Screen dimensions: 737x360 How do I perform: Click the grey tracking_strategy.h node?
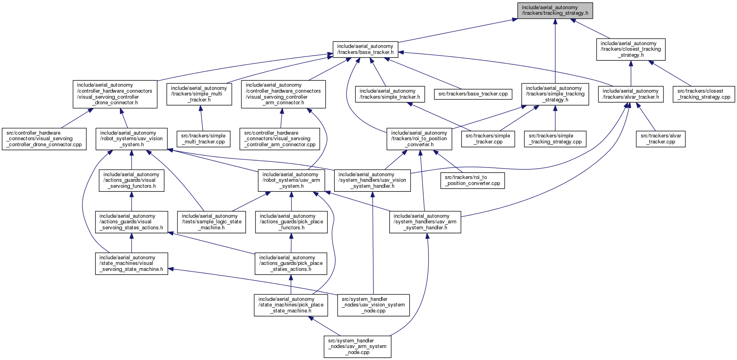(555, 10)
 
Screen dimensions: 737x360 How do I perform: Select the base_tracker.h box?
(365, 49)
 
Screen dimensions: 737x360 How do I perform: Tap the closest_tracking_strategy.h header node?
(631, 49)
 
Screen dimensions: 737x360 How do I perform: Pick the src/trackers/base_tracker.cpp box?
(473, 94)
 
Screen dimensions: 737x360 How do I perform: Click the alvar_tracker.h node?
(631, 94)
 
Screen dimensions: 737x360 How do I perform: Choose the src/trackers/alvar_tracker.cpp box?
(661, 139)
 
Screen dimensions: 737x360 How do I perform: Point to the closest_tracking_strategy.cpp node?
(704, 94)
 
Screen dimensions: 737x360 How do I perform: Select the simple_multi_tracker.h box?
(199, 94)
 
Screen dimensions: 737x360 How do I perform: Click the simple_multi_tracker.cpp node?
(203, 139)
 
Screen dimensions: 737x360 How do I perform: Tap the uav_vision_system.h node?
(131, 139)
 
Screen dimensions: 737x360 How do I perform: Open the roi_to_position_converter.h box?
(419, 139)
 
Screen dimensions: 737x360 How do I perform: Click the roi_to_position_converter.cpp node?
(472, 180)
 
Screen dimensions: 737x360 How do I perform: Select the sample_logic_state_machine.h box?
(211, 222)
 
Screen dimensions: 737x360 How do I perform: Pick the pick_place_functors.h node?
(291, 222)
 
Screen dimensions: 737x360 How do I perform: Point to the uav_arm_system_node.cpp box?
(357, 346)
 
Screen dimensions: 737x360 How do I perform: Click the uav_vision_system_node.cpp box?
(373, 305)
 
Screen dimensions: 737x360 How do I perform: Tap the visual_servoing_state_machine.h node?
(131, 263)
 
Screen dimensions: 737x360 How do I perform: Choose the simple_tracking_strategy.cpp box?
(555, 139)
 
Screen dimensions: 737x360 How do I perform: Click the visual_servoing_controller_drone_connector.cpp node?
(44, 139)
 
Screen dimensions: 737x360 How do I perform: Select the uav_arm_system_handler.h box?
(425, 222)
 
